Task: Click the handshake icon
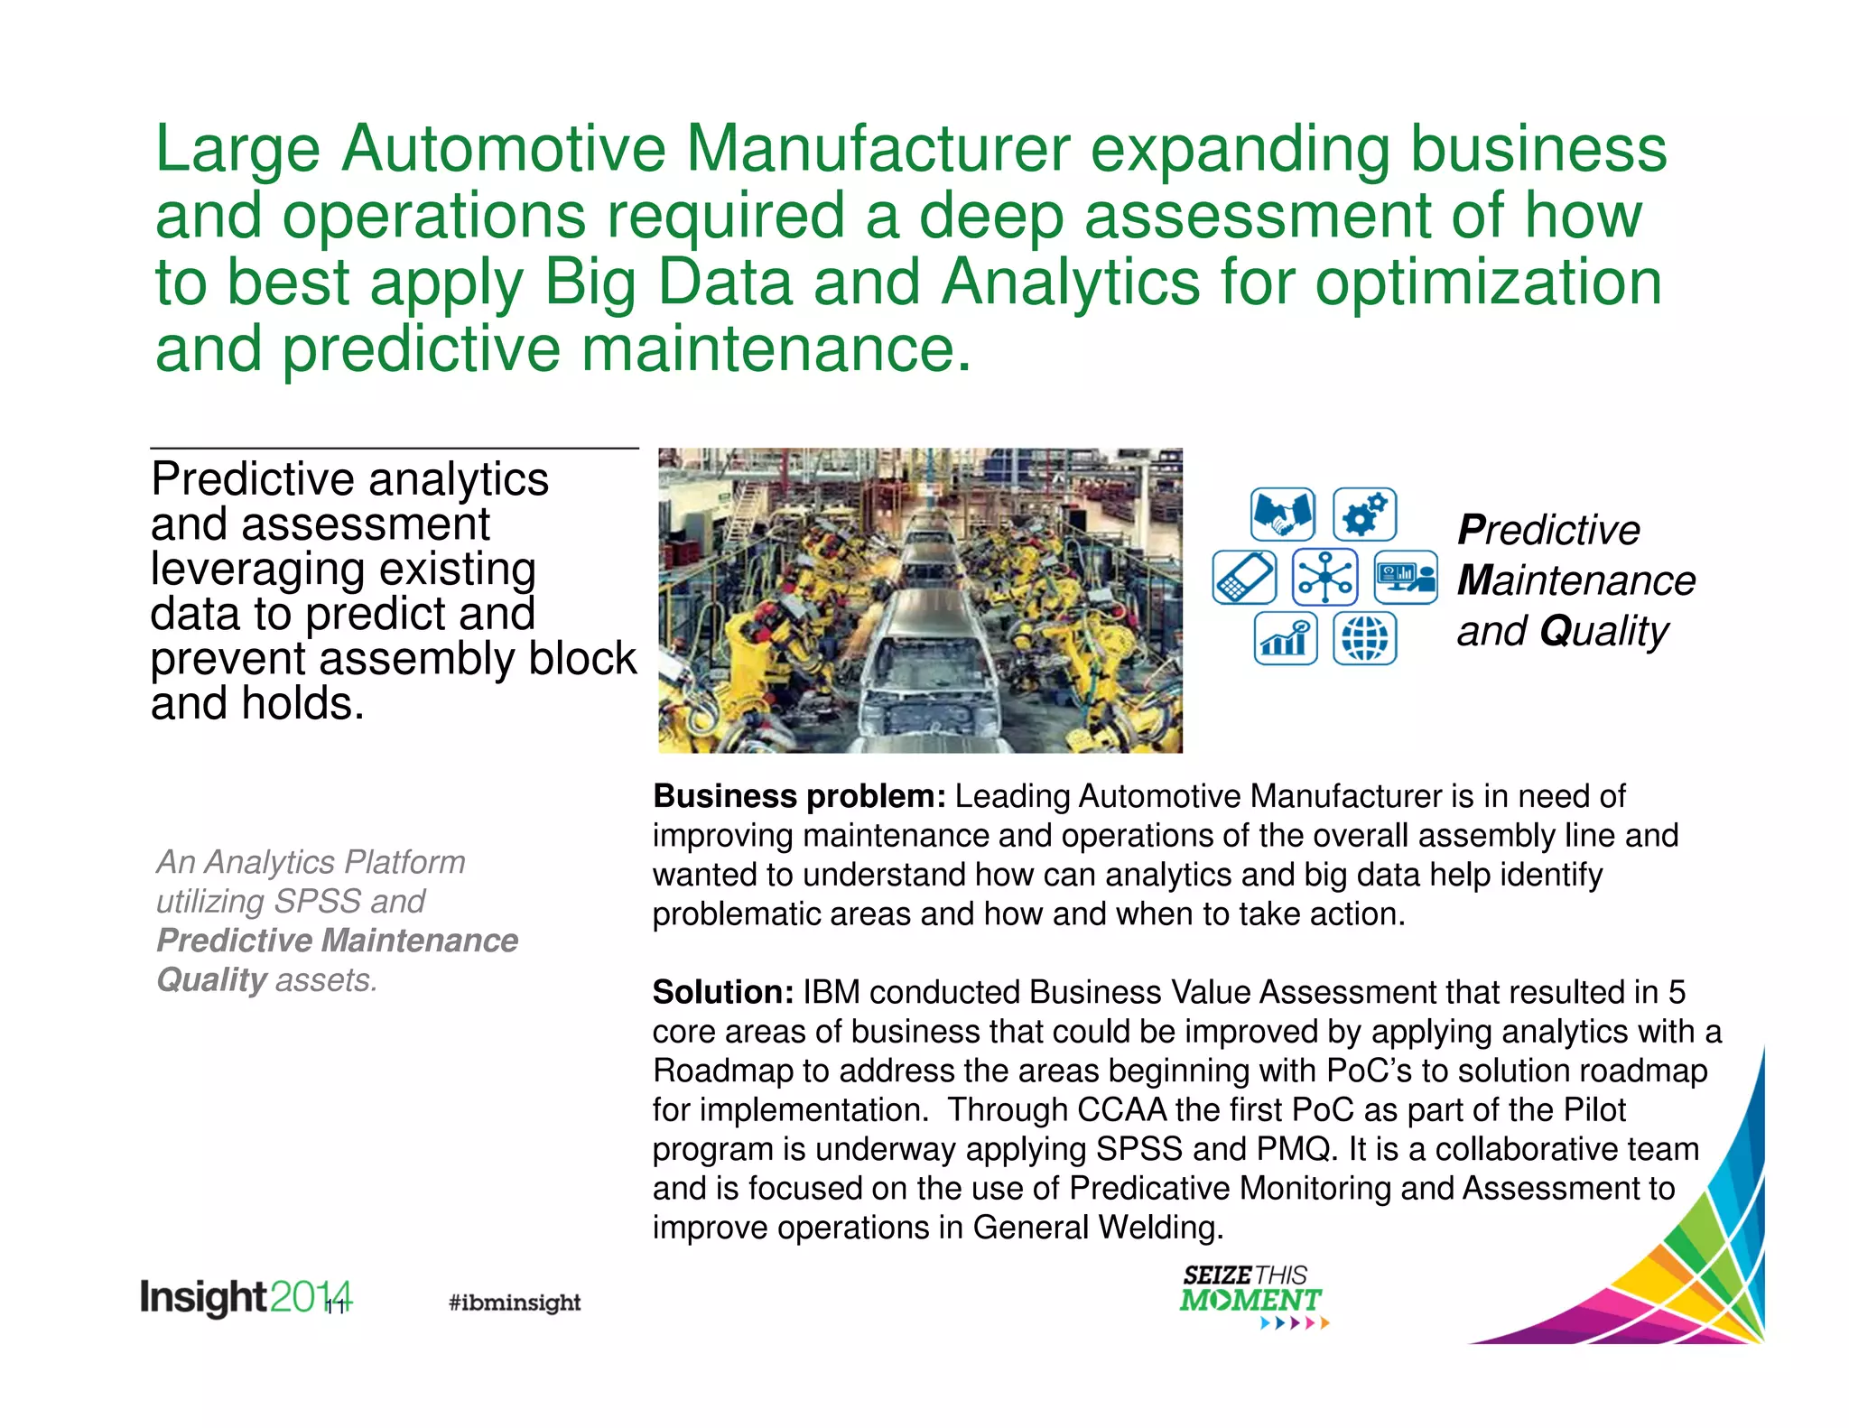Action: [x=1282, y=515]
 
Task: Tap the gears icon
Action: [x=1364, y=515]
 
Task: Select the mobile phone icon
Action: [x=1244, y=577]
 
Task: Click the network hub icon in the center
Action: [x=1324, y=577]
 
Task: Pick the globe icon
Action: [x=1364, y=638]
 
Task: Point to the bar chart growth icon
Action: [x=1285, y=638]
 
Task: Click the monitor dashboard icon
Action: [x=1405, y=577]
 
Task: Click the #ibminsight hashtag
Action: [x=515, y=1302]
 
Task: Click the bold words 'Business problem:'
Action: [x=799, y=796]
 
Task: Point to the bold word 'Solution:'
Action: [x=723, y=992]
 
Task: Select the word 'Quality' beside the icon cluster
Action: [x=1604, y=631]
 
